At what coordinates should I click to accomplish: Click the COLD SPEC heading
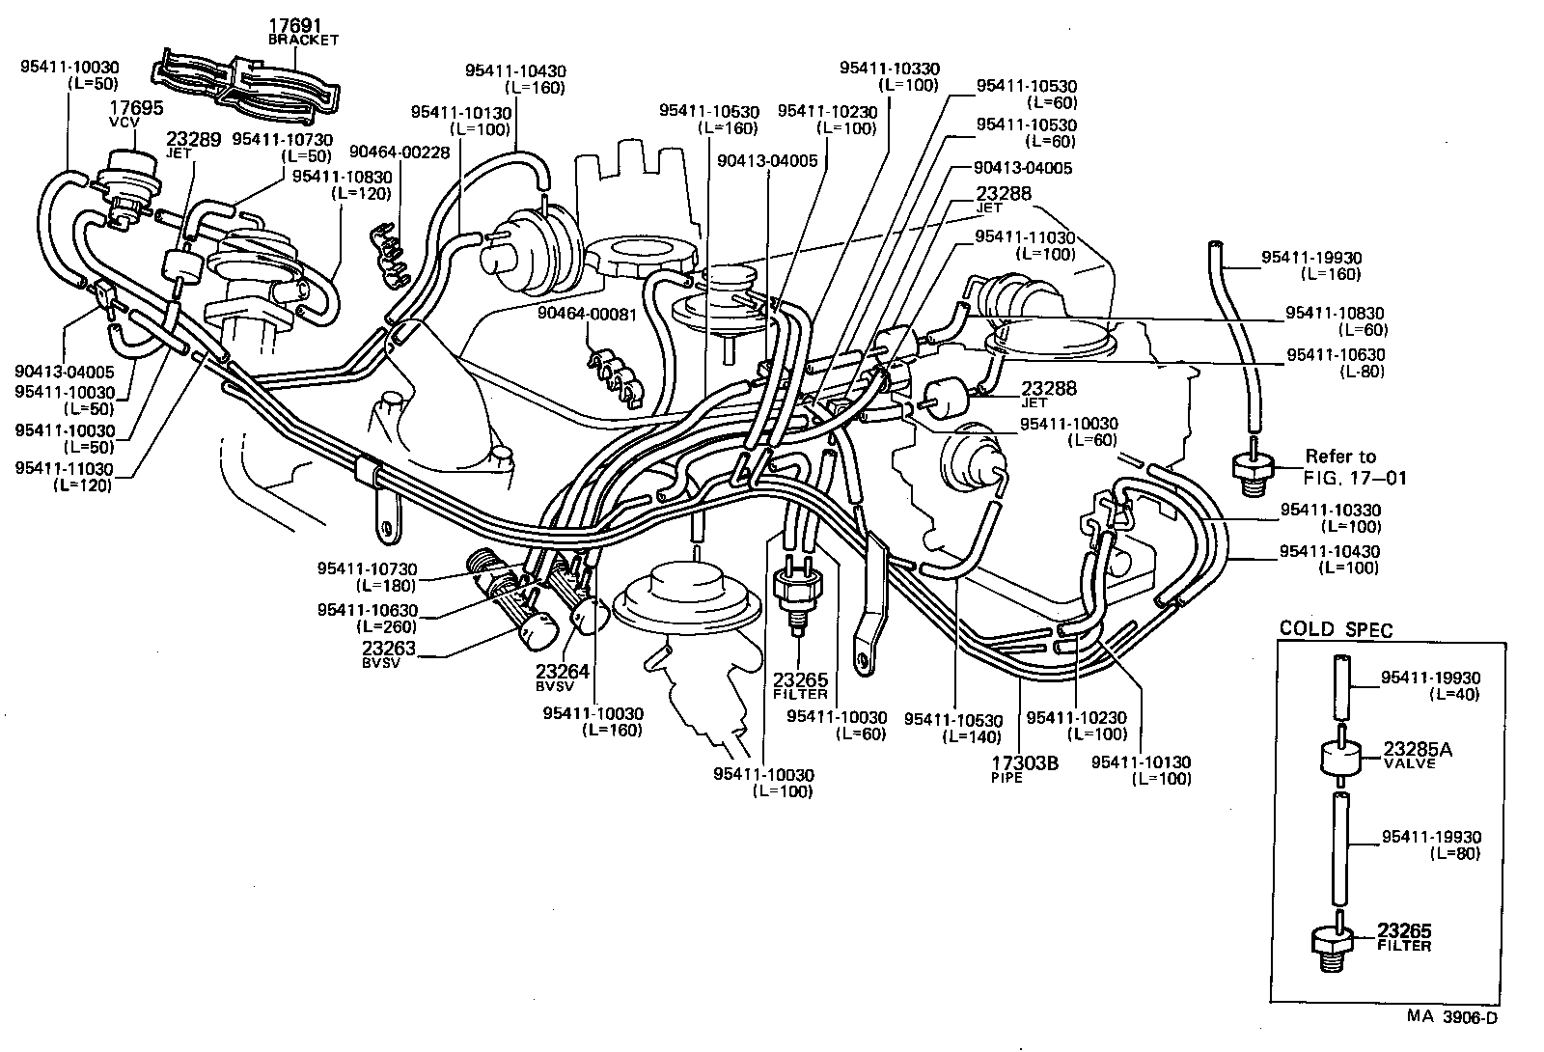(1336, 629)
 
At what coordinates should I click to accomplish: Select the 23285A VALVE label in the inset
(1418, 754)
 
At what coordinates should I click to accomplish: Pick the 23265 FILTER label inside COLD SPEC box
(1404, 937)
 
